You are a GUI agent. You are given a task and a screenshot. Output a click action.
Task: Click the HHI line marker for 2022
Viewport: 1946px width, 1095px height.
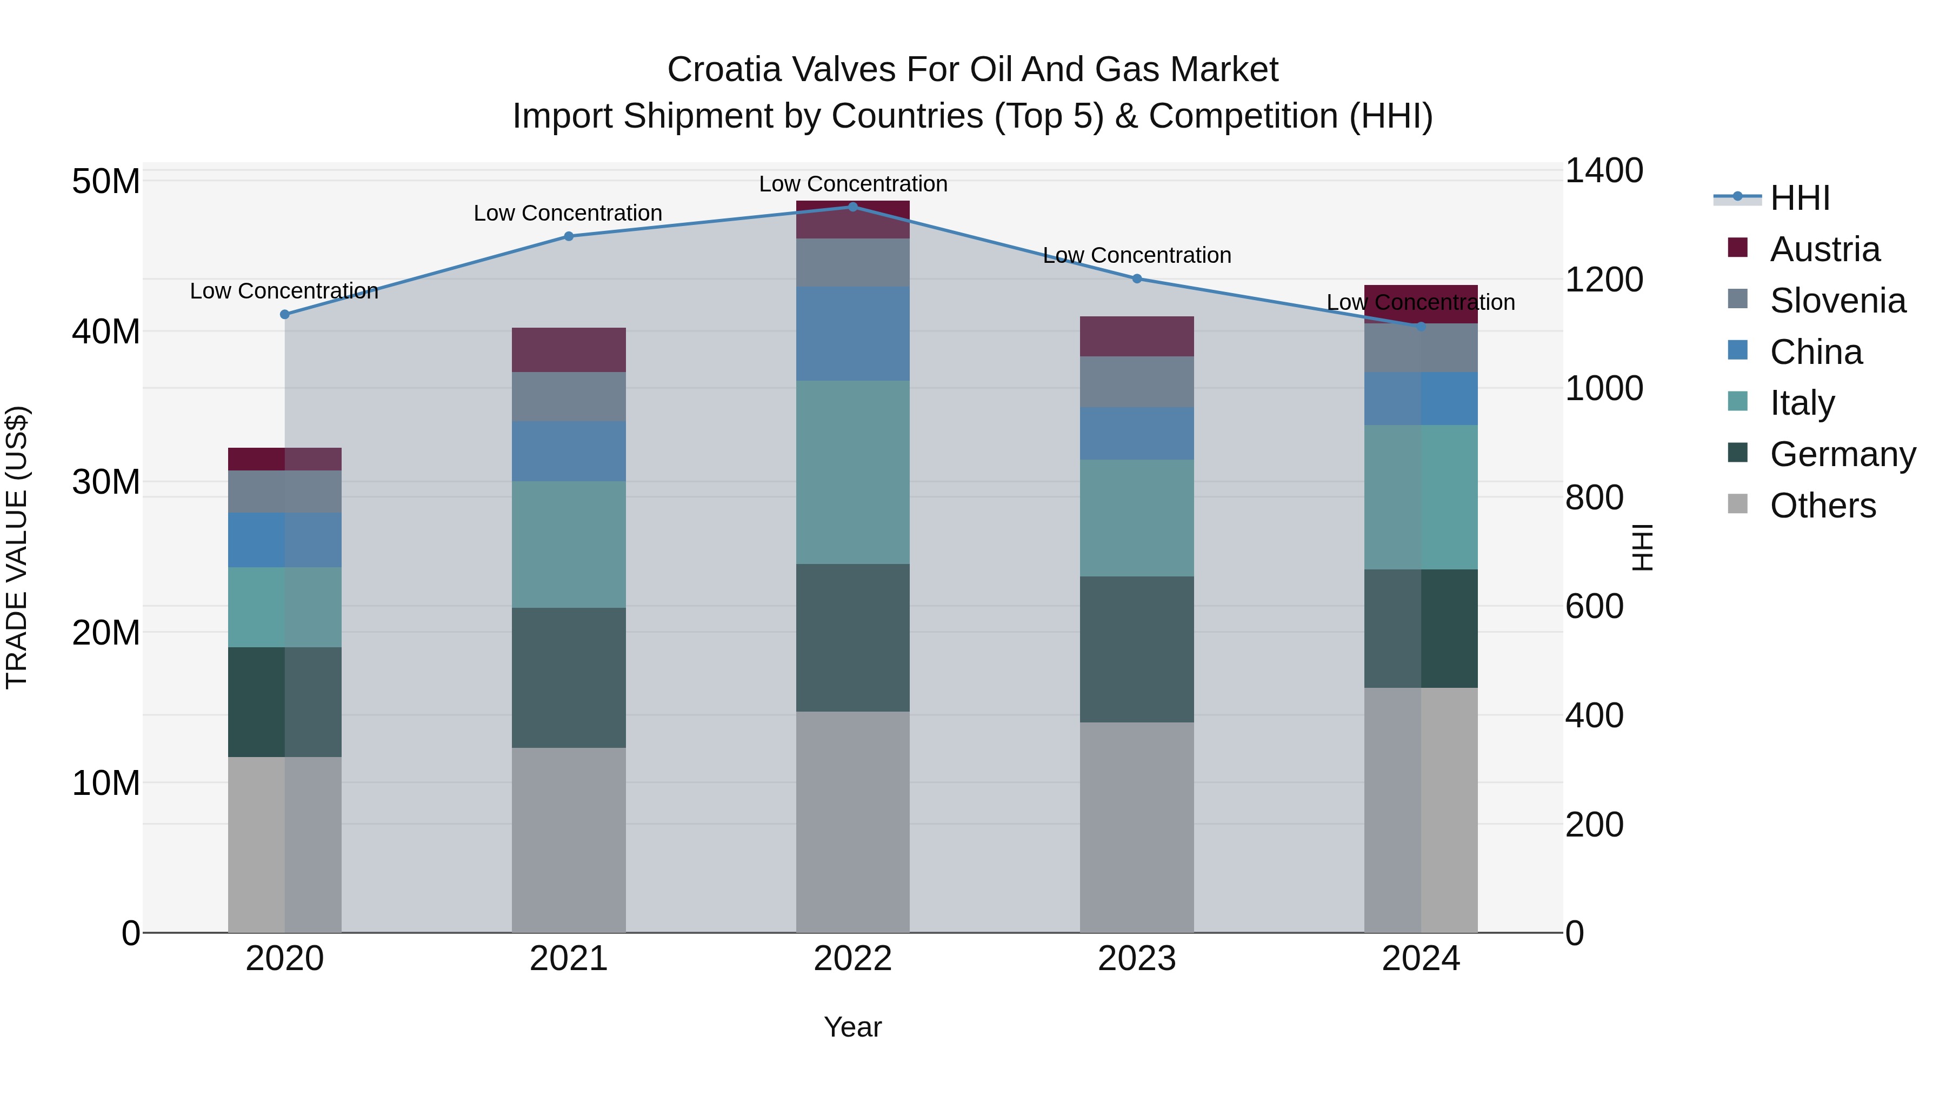tap(853, 207)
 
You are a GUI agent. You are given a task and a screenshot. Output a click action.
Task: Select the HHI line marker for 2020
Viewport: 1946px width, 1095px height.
tap(285, 314)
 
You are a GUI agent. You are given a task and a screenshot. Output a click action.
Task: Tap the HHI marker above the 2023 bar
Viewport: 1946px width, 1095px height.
tap(1137, 279)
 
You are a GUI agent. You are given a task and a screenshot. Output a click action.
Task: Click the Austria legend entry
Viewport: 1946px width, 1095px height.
tap(1824, 249)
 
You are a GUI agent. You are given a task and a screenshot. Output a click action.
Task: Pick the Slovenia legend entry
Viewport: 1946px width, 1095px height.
tap(1837, 301)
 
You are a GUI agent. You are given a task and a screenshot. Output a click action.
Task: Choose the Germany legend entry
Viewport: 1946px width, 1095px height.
tap(1842, 454)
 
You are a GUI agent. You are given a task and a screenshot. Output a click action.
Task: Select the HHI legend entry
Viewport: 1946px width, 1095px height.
tap(1800, 198)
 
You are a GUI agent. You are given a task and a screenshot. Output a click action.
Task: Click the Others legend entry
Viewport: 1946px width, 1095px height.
tap(1822, 506)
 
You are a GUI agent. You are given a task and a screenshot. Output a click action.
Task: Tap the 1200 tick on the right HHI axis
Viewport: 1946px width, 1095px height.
tap(1603, 280)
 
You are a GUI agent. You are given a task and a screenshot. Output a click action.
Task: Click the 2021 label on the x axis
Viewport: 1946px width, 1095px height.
tap(568, 959)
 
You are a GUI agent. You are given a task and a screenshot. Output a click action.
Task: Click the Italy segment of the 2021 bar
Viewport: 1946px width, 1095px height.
tap(568, 544)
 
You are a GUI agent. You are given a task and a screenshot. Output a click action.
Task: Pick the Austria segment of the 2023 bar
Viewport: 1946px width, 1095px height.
tap(1137, 336)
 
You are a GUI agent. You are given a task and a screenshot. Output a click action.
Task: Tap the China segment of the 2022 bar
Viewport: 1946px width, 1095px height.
tap(853, 333)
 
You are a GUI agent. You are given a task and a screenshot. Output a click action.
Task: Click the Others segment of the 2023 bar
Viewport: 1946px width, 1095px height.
tap(1137, 827)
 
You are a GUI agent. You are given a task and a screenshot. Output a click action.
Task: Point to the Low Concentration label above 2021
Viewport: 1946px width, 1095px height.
tap(568, 213)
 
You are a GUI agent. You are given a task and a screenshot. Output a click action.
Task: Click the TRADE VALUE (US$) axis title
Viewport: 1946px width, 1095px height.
tap(17, 547)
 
